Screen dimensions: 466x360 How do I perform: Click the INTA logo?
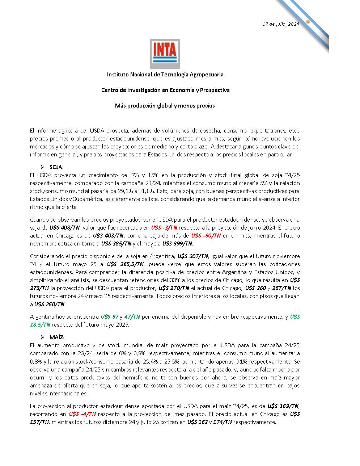point(165,54)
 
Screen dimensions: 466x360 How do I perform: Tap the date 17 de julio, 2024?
point(280,24)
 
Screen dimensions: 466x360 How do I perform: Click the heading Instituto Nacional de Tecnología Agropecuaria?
point(165,75)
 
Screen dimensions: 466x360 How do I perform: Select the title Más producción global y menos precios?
point(165,106)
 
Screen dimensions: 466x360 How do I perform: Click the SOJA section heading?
point(56,167)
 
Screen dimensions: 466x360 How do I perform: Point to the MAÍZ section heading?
point(57,337)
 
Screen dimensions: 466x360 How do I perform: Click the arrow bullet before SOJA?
point(42,167)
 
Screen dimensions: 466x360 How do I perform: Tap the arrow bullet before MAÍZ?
point(42,337)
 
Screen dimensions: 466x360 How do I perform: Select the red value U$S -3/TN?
point(164,228)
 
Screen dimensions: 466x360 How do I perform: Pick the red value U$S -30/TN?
point(206,236)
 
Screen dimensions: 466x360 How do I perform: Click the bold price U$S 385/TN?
point(116,244)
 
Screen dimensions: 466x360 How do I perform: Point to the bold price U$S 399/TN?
point(177,244)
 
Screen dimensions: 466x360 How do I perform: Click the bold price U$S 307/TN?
point(192,256)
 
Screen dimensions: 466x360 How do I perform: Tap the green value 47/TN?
point(132,317)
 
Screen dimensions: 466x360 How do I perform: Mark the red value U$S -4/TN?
point(82,414)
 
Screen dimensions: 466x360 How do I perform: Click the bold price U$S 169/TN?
point(283,406)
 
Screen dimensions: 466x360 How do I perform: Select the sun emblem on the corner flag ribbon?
point(308,22)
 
